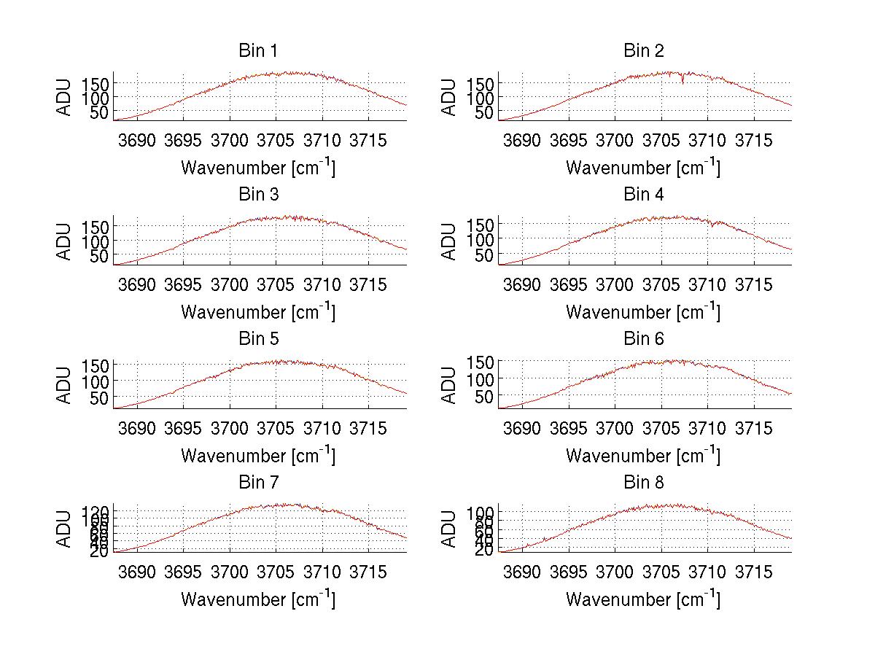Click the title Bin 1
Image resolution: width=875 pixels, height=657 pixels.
[x=257, y=51]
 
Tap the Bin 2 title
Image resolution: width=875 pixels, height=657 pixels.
[x=643, y=51]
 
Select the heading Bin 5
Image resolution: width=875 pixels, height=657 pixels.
[x=257, y=339]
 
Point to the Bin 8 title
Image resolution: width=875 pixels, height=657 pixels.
[x=643, y=483]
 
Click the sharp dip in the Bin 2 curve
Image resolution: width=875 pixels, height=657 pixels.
[x=682, y=80]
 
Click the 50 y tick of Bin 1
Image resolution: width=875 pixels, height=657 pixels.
[x=99, y=112]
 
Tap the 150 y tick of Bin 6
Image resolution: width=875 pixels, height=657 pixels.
[x=481, y=362]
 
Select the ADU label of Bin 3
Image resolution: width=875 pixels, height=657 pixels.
[x=65, y=241]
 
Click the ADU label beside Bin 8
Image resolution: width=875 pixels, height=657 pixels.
[x=450, y=529]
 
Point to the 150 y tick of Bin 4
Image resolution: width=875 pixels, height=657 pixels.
[x=481, y=223]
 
